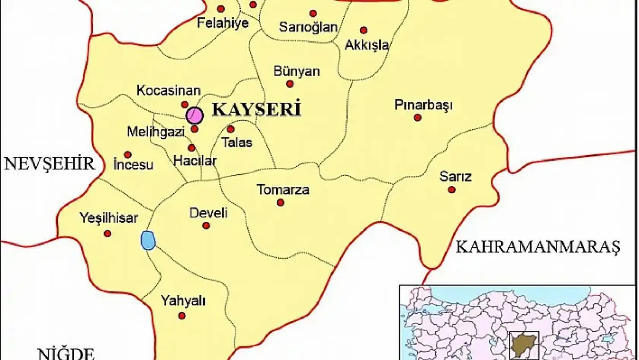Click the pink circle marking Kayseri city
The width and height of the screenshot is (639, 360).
coord(195,115)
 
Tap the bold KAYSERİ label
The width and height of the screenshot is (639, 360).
coord(256,109)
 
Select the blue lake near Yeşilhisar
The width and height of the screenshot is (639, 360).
coord(148,240)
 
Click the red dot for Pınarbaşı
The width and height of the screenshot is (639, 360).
coord(418,118)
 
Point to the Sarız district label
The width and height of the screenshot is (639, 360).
coord(455,177)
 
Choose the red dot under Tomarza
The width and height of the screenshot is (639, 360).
coord(281,203)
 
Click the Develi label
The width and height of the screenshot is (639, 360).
coord(208,213)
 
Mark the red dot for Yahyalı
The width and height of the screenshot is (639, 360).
coord(182,316)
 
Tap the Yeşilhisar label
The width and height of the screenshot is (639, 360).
coord(109,218)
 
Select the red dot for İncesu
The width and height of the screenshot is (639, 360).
coord(128,155)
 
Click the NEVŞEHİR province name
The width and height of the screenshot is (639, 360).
coord(49,164)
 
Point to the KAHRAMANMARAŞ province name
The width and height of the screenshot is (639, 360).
coord(538,247)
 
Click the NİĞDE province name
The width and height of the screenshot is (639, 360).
coord(66,354)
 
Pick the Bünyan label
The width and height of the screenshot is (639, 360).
coord(297,71)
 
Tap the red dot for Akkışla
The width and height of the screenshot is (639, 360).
coord(364,30)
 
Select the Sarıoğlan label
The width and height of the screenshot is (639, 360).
coord(308,27)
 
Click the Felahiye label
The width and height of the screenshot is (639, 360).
coord(223,23)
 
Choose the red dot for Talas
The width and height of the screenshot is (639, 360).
coord(231,129)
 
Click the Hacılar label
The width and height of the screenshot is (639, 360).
coord(195,161)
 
